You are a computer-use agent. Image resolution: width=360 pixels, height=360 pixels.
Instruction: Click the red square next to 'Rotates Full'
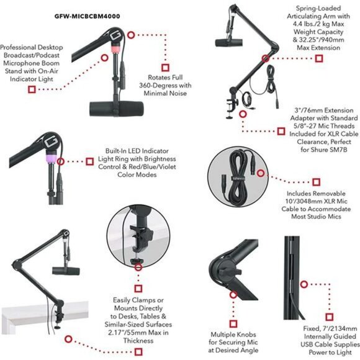(165, 66)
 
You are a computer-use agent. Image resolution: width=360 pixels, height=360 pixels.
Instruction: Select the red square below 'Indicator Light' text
(31, 89)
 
